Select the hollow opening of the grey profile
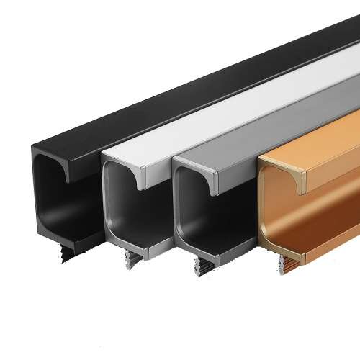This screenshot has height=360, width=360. pyautogui.click(x=198, y=216)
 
